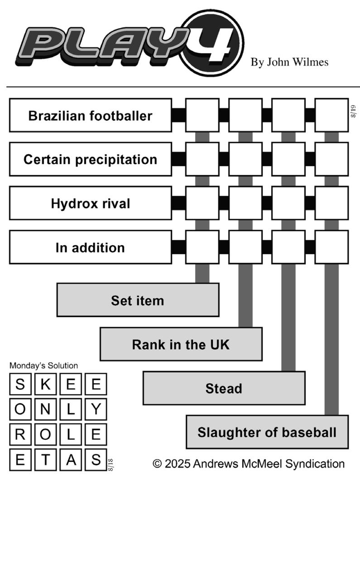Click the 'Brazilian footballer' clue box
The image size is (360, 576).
[x=90, y=115]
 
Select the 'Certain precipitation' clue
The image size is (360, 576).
[x=90, y=159]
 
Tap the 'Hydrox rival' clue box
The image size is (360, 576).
[x=90, y=203]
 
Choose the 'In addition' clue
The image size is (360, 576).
[x=90, y=247]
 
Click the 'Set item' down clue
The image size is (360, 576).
[x=138, y=300]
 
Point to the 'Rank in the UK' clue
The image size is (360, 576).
[x=181, y=344]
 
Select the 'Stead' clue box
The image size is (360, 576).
[x=224, y=388]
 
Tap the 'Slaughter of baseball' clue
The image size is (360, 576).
[x=267, y=432]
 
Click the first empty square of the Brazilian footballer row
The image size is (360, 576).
[x=202, y=115]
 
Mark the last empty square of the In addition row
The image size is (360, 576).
[x=331, y=247]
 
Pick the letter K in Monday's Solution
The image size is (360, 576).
[x=45, y=385]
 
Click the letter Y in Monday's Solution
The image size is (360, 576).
[x=96, y=409]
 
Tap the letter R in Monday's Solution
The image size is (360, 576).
[x=20, y=434]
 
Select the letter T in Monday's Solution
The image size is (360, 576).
[x=45, y=460]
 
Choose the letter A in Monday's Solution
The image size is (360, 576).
[x=71, y=460]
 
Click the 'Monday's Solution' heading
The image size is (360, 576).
[x=43, y=366]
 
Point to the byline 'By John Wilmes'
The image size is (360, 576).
[x=289, y=62]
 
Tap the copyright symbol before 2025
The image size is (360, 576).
[x=157, y=464]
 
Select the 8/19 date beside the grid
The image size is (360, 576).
[x=353, y=111]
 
